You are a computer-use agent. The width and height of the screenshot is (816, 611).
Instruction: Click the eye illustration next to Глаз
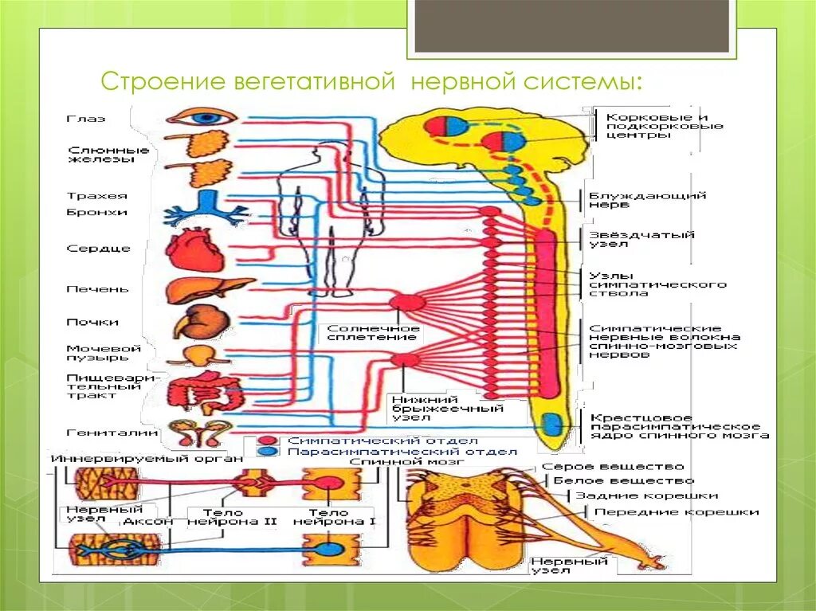point(202,117)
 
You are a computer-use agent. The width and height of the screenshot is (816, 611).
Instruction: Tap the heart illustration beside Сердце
point(191,248)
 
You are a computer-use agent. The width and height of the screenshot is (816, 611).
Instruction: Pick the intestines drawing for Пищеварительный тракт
point(204,390)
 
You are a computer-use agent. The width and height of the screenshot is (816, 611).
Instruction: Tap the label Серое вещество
point(612,467)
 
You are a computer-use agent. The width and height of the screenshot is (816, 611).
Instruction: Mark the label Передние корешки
point(677,512)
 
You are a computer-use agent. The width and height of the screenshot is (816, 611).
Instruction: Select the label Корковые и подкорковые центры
point(664,126)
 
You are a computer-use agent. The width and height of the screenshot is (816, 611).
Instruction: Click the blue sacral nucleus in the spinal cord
point(550,425)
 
